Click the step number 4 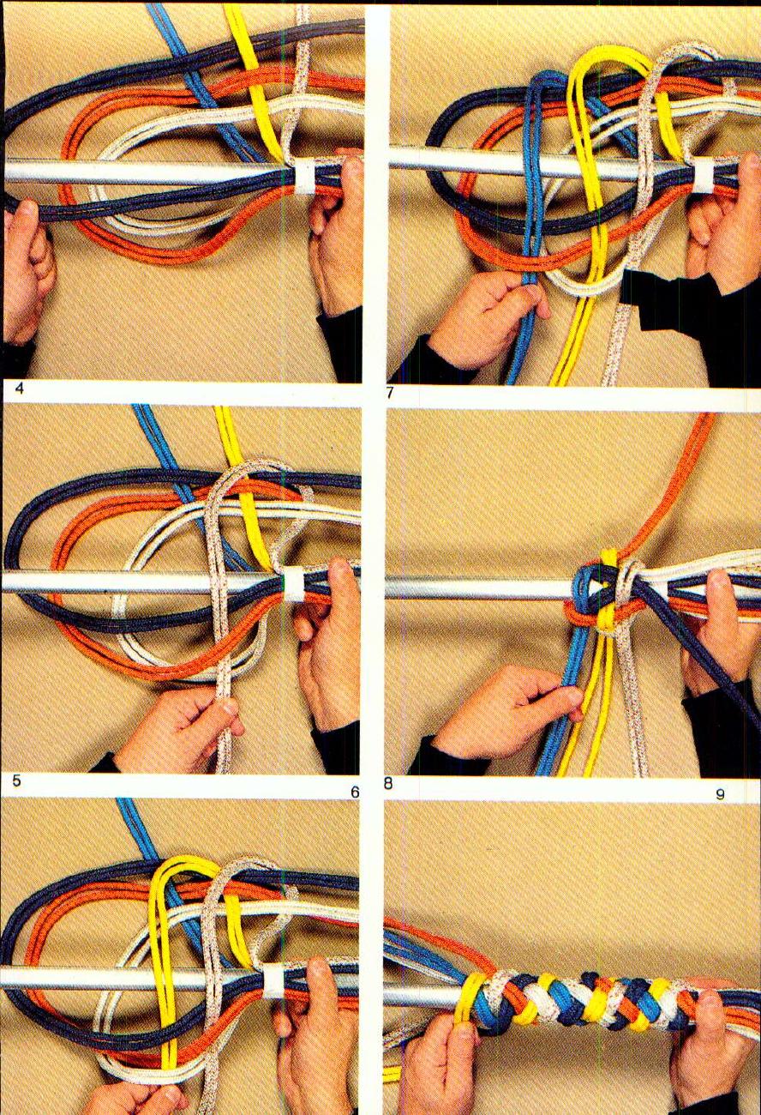(19, 389)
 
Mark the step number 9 (720, 793)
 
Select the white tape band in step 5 (294, 582)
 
